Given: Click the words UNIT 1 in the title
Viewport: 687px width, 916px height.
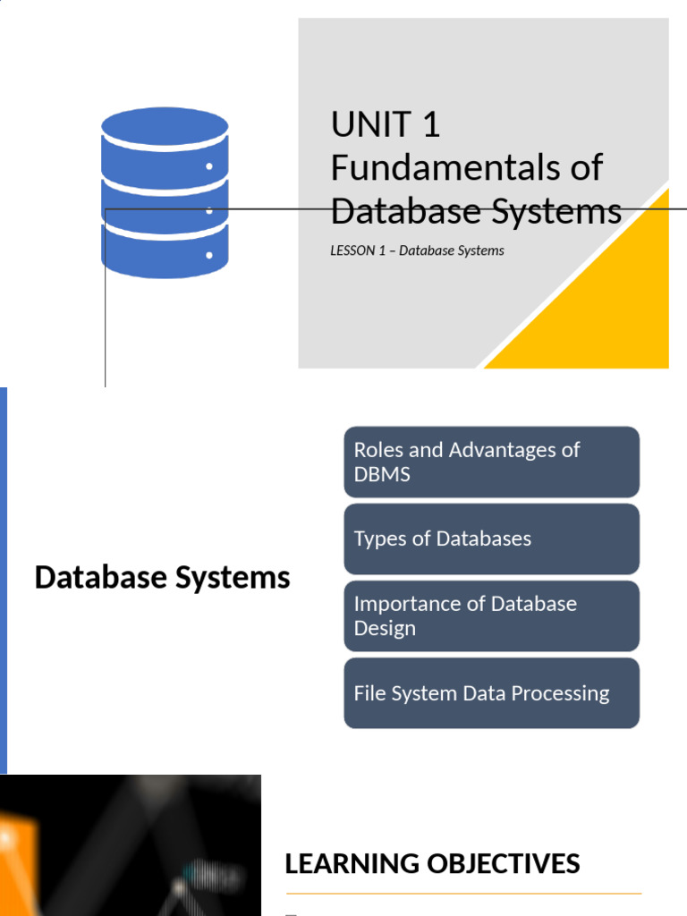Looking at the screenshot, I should [x=386, y=124].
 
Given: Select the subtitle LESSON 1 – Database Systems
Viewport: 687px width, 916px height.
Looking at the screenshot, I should [x=417, y=250].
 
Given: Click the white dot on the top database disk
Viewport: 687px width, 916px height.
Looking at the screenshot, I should [x=209, y=166].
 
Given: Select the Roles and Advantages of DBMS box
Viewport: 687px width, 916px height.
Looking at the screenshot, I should [x=491, y=462].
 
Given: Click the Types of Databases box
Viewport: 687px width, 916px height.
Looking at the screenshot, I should [x=491, y=539].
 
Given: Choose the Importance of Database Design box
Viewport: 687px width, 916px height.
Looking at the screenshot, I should [x=491, y=615].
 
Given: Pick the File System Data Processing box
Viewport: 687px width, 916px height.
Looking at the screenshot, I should [x=491, y=693].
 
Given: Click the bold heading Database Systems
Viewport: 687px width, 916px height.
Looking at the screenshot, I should [x=162, y=578].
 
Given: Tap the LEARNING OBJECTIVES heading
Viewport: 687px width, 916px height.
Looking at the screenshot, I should [x=432, y=863].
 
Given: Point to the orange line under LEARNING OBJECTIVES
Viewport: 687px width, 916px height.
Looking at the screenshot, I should [x=463, y=893].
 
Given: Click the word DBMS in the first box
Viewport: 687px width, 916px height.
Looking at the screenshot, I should [x=382, y=475].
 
